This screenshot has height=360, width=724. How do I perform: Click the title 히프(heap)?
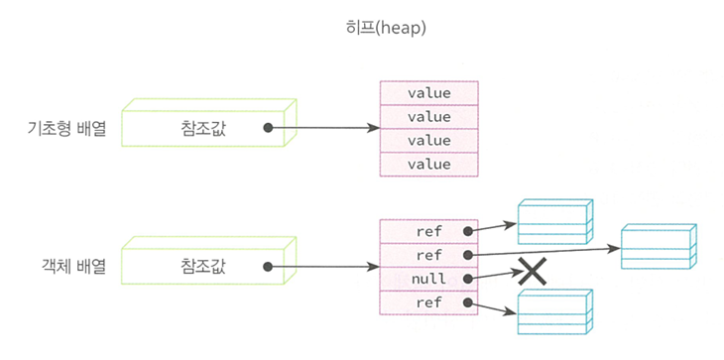pyautogui.click(x=386, y=29)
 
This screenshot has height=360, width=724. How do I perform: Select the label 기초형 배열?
pyautogui.click(x=67, y=129)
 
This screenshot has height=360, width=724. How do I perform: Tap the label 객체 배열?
pyautogui.click(x=73, y=267)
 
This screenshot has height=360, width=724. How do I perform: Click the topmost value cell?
pyautogui.click(x=429, y=93)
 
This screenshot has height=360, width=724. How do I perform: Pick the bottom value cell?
pyautogui.click(x=429, y=165)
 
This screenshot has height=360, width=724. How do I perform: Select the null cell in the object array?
pyautogui.click(x=429, y=279)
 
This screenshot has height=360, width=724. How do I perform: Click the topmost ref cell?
pyautogui.click(x=429, y=231)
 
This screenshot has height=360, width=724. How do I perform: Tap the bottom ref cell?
pyautogui.click(x=429, y=302)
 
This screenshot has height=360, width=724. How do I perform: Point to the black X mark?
pyautogui.click(x=532, y=272)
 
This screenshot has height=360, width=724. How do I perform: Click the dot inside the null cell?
pyautogui.click(x=468, y=279)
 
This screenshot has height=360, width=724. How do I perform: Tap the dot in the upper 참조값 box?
pyautogui.click(x=268, y=128)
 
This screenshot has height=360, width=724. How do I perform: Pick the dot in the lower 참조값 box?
pyautogui.click(x=268, y=267)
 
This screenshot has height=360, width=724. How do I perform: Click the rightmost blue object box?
pyautogui.click(x=659, y=247)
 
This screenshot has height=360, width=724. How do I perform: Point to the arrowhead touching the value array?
pyautogui.click(x=372, y=128)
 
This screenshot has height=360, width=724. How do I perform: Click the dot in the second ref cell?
pyautogui.click(x=468, y=254)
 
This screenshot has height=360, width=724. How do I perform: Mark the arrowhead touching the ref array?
pyautogui.click(x=372, y=267)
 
